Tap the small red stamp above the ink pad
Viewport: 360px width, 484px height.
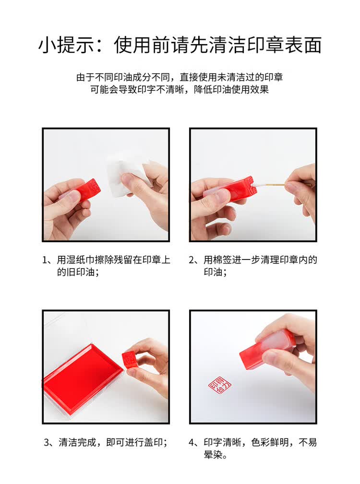[x=130, y=359]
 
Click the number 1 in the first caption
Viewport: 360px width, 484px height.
[x=46, y=260]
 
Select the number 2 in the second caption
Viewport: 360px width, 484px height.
[x=193, y=260]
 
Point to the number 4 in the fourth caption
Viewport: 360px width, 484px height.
[x=193, y=442]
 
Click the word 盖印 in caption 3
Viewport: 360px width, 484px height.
[x=153, y=442]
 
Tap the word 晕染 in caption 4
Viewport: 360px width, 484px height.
[x=214, y=455]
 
